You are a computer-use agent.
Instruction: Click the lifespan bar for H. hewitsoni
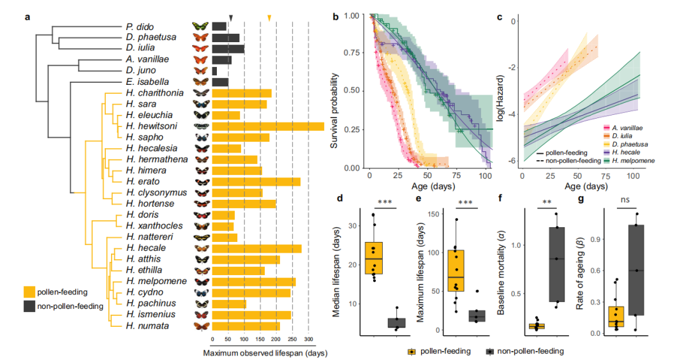coord(268,126)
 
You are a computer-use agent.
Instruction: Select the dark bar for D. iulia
coord(228,49)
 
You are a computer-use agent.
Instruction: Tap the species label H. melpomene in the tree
coord(156,281)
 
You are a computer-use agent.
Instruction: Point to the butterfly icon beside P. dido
coord(200,26)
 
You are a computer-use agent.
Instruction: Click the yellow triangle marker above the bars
coord(269,18)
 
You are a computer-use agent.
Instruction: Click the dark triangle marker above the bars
coord(231,18)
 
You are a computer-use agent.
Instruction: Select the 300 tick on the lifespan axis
coord(309,340)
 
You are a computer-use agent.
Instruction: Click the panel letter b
coord(336,17)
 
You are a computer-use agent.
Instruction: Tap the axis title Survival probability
coord(334,111)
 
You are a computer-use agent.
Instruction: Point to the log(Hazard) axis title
coord(501,99)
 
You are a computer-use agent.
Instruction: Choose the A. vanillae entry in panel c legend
coord(623,128)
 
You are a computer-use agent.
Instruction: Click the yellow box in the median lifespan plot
coord(373,258)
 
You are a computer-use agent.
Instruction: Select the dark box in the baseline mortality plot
coord(557,264)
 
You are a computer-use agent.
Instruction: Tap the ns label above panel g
coord(625,200)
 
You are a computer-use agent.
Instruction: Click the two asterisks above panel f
coord(547,202)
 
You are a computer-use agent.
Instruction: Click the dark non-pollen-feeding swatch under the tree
coord(29,306)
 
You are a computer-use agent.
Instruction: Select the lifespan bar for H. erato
coord(256,181)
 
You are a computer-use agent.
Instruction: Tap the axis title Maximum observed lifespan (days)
coord(265,353)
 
